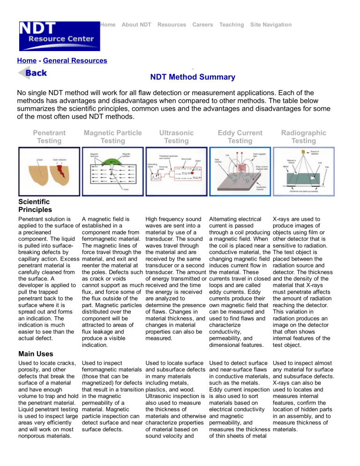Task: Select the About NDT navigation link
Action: click(x=136, y=24)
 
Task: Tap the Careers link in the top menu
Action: click(x=202, y=24)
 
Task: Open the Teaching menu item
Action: click(x=232, y=24)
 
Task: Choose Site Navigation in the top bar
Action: click(x=271, y=24)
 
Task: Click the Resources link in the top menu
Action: click(x=172, y=24)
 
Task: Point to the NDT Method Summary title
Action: click(x=193, y=77)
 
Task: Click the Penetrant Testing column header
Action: click(x=46, y=136)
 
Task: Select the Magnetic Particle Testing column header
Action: click(x=112, y=136)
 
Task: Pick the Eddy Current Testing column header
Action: click(x=239, y=136)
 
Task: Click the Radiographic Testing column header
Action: click(x=300, y=136)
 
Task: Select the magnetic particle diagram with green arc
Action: click(x=112, y=171)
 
